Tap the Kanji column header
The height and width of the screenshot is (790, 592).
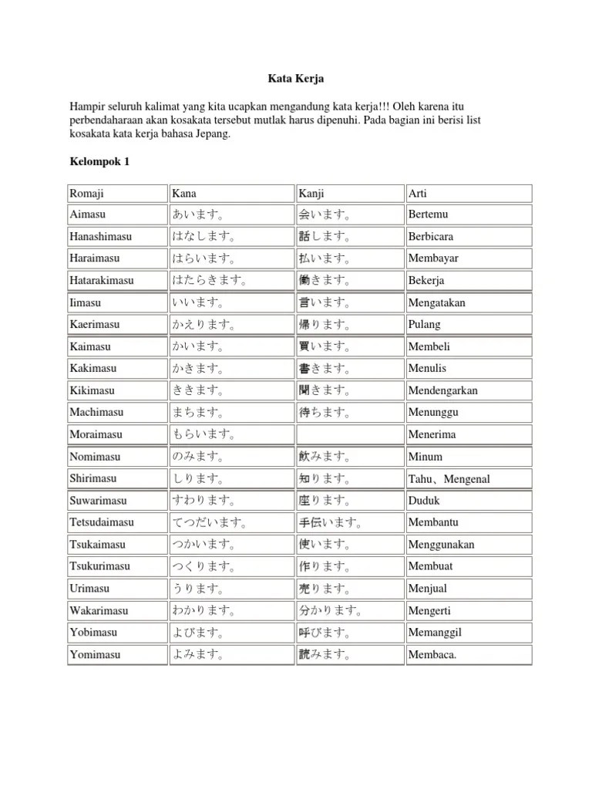tap(311, 193)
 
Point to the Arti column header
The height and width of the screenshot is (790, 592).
tap(417, 193)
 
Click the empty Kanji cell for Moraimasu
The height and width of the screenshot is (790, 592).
tap(349, 434)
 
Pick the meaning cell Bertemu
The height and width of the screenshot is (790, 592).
tap(428, 214)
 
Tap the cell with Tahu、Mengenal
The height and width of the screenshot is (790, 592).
tap(449, 479)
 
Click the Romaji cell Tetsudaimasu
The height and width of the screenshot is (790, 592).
tap(101, 522)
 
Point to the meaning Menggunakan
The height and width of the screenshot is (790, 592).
tap(441, 545)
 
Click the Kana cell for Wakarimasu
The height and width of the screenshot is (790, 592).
tap(204, 611)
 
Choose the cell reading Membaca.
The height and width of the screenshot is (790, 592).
tap(432, 656)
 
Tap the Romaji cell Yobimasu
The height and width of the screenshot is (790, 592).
tap(93, 633)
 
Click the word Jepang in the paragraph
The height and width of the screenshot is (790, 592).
tap(210, 133)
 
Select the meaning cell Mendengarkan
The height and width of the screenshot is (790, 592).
tap(442, 390)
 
